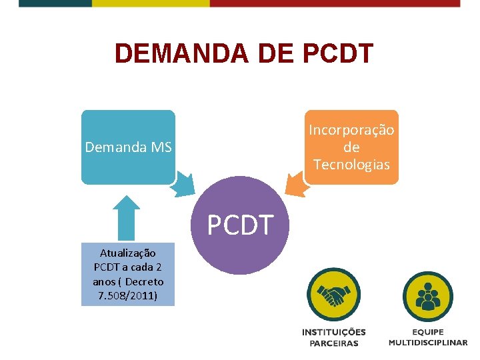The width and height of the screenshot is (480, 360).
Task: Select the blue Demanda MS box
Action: pyautogui.click(x=128, y=147)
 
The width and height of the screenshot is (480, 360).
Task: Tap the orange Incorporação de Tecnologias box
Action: pyautogui.click(x=351, y=147)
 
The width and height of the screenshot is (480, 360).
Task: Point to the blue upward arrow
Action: pyautogui.click(x=127, y=217)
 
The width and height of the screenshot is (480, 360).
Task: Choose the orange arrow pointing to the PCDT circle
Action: pyautogui.click(x=298, y=184)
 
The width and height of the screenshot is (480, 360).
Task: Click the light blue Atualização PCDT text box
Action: pyautogui.click(x=127, y=274)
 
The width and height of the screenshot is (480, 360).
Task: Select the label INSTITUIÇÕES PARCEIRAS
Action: pyautogui.click(x=333, y=337)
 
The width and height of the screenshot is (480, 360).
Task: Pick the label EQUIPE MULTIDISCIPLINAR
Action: pyautogui.click(x=428, y=337)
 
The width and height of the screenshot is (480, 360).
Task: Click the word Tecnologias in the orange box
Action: pyautogui.click(x=351, y=165)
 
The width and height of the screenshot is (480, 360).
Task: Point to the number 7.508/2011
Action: pyautogui.click(x=127, y=295)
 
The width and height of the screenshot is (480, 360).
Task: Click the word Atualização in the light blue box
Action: pyautogui.click(x=127, y=253)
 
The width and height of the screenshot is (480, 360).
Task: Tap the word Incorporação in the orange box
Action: pyautogui.click(x=351, y=129)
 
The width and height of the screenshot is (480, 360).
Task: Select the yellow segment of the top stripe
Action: pyautogui.click(x=150, y=3)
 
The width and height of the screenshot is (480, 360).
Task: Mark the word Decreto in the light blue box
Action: pyautogui.click(x=143, y=281)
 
